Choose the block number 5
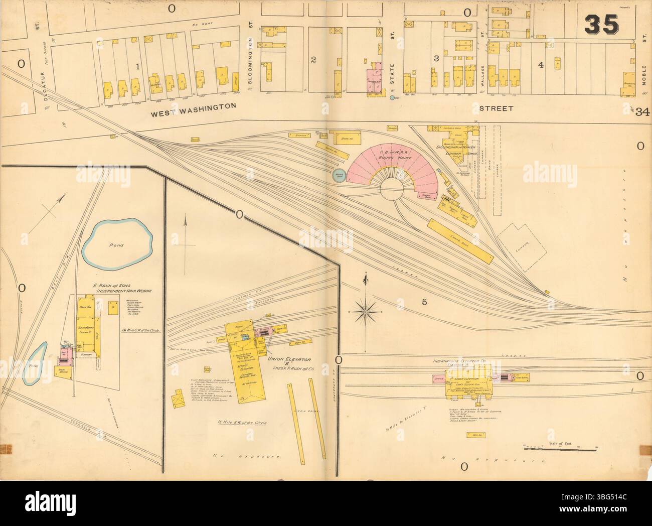tap(424, 302)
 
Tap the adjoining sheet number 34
tap(641, 113)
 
